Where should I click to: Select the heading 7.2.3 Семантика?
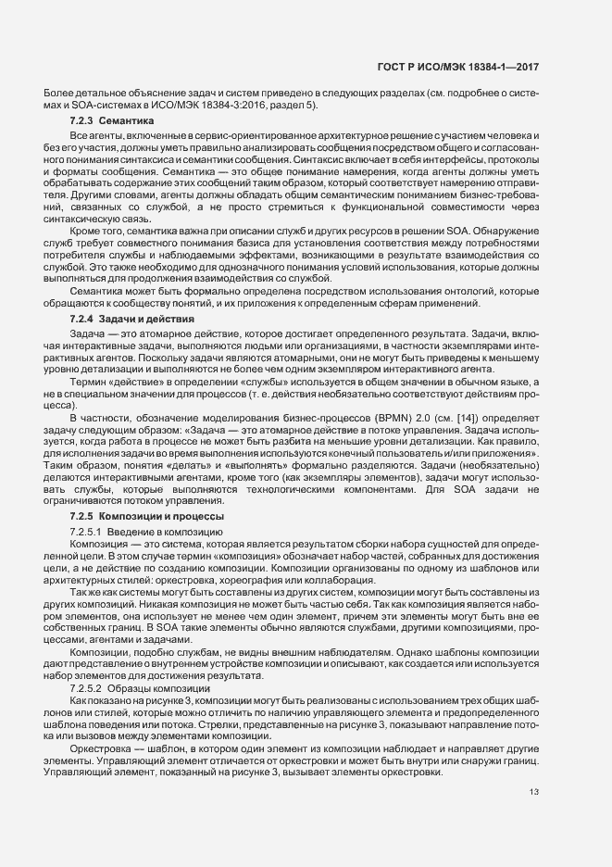click(111, 122)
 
